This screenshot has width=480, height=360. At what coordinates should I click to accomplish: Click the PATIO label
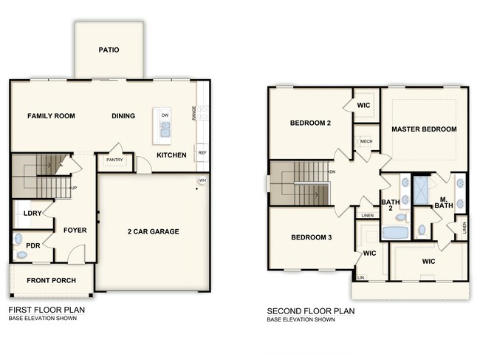109,50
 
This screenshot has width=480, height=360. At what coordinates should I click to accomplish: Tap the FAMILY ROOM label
52,116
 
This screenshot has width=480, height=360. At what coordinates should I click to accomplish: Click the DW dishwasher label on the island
165,116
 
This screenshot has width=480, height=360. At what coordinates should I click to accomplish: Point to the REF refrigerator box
202,153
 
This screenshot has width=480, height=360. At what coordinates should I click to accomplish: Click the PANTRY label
114,160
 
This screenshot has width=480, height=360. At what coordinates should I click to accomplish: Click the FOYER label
75,231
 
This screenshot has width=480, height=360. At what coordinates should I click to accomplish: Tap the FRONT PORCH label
49,281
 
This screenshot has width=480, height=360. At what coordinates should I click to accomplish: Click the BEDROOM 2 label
309,123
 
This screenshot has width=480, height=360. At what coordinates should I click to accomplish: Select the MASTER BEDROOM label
424,129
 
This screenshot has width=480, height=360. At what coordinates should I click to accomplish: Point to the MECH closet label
366,141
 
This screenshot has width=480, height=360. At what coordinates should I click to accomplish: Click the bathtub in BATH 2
397,233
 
